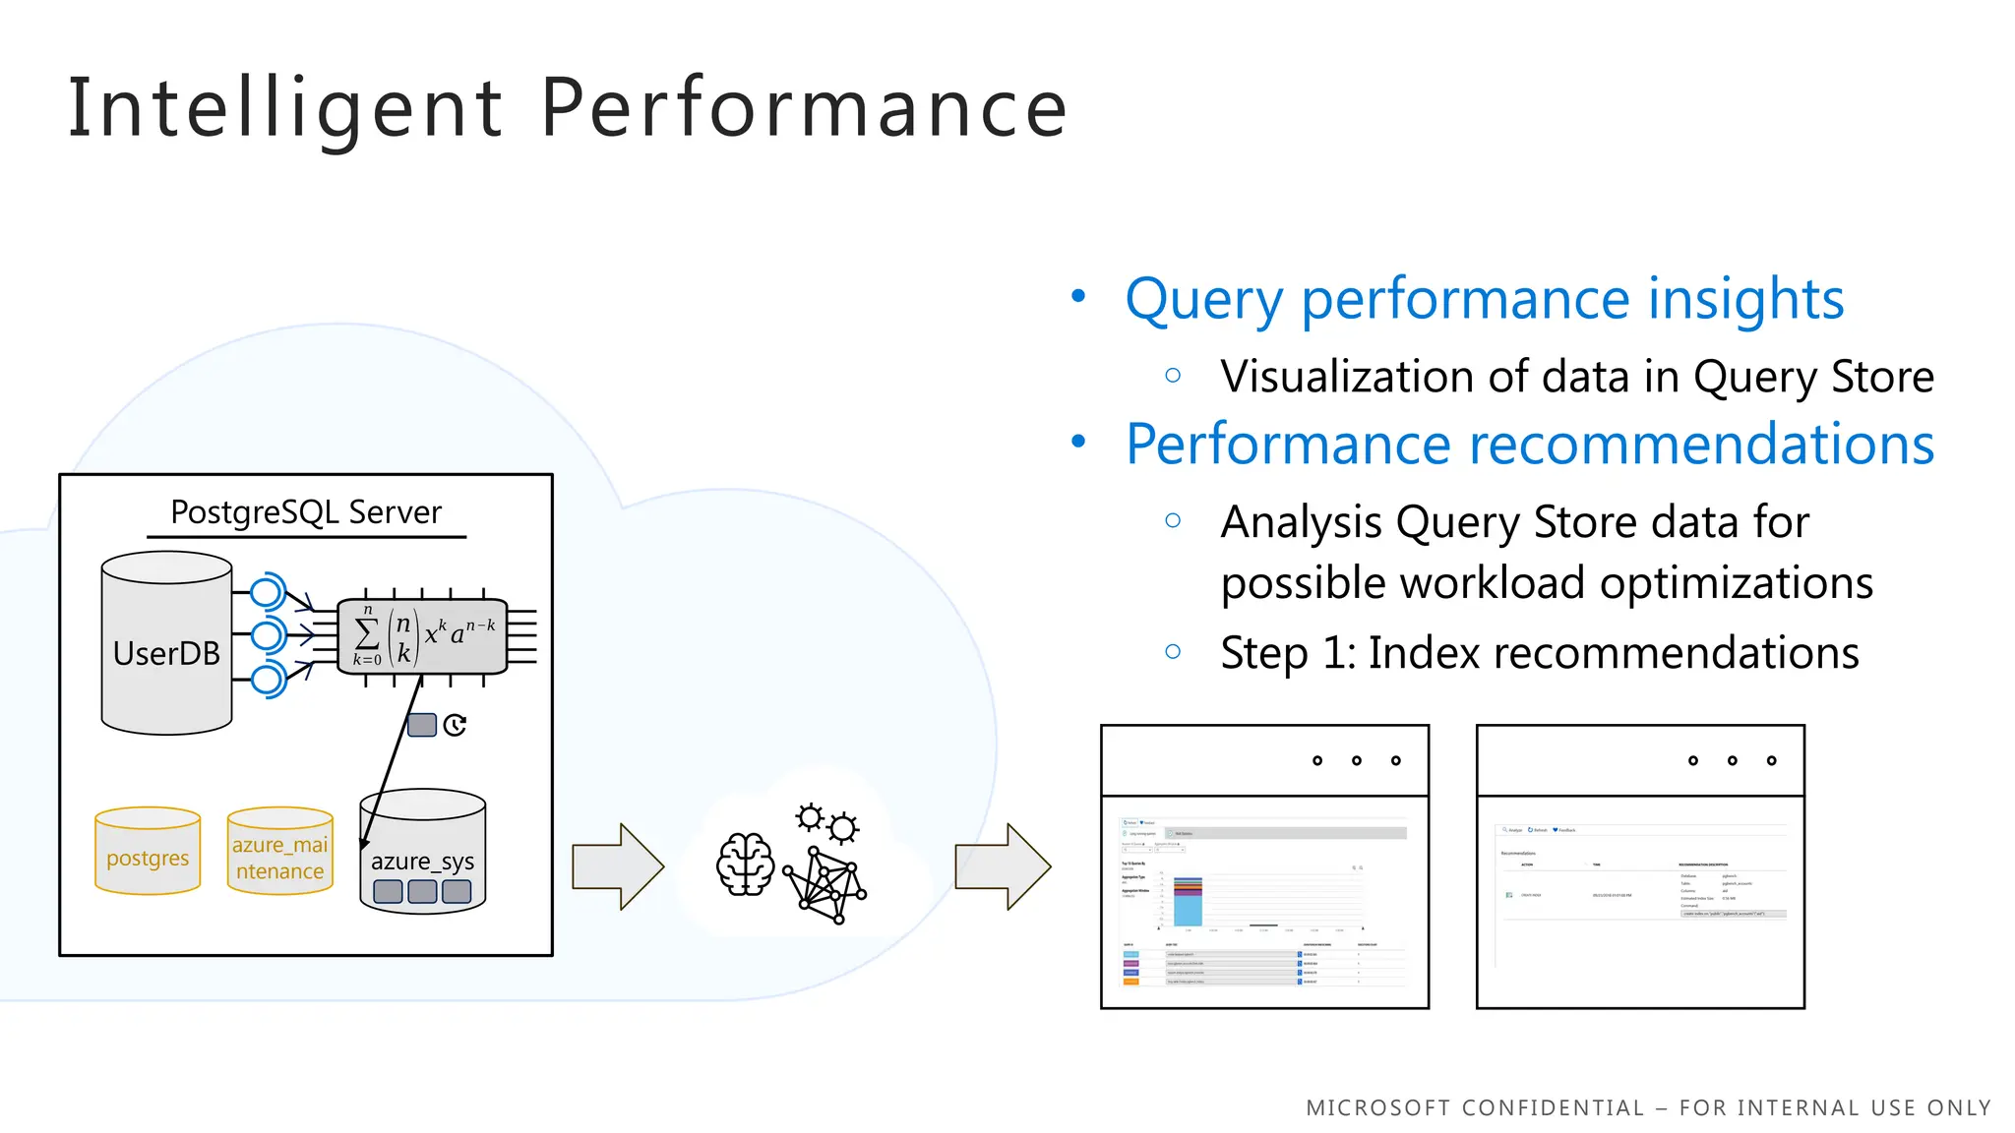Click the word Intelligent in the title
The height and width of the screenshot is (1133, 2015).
285,108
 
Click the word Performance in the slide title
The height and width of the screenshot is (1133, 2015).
804,108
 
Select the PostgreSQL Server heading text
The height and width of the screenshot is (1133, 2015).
306,512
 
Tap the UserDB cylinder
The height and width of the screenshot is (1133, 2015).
166,653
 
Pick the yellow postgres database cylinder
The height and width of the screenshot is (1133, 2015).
148,852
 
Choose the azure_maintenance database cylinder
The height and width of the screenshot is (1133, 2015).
280,852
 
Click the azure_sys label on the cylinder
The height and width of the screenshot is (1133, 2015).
422,862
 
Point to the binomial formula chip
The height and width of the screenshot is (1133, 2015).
422,636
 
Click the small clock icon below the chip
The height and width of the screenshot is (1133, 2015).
455,726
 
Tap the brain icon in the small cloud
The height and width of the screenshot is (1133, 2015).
745,865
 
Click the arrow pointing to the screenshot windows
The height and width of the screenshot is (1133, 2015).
1003,866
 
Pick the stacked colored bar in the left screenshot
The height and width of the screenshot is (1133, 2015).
1188,900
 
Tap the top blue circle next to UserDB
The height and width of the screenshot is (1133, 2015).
266,593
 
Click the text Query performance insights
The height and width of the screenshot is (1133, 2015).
1484,299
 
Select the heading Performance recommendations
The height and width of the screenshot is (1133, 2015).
1530,445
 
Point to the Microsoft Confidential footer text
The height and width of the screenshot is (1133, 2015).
1648,1108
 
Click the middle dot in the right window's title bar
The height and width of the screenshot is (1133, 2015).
1733,760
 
